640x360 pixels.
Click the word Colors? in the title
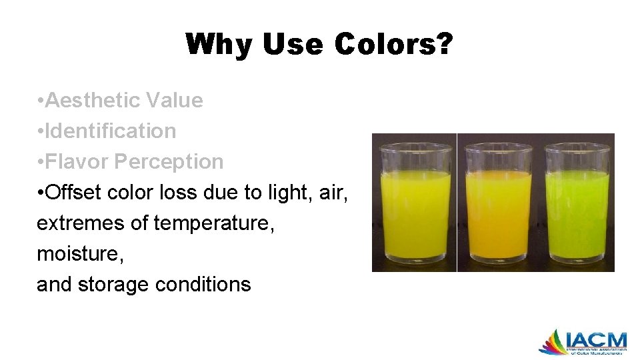tap(394, 45)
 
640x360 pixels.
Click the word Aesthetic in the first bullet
tap(94, 101)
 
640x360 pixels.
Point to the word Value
tap(174, 101)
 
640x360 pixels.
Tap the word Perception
tap(169, 162)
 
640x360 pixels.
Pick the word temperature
tap(214, 223)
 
